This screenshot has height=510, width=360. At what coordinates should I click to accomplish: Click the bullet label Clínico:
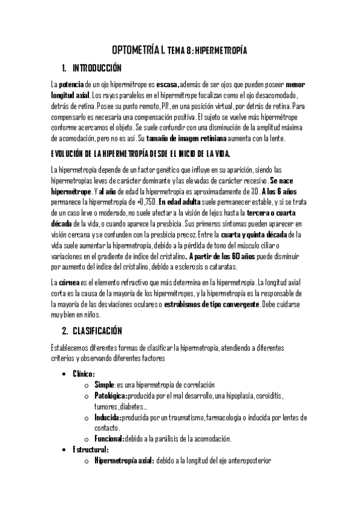pos(84,373)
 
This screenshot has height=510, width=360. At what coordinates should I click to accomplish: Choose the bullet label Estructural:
pos(90,449)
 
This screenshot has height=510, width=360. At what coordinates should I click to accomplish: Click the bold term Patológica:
pos(111,395)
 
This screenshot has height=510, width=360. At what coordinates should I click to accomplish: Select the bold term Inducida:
pos(108,417)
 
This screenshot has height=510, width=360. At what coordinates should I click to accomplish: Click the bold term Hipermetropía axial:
pos(124,460)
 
